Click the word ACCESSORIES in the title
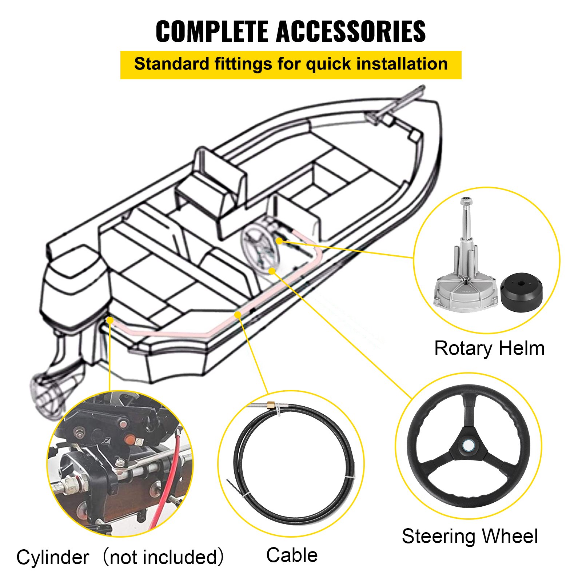[x=351, y=31]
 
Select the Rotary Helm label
[x=489, y=348]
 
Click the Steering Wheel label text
[x=470, y=536]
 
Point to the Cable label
[x=292, y=555]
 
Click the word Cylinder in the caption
[x=53, y=557]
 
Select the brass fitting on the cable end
[x=271, y=404]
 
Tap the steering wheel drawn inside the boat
[x=260, y=247]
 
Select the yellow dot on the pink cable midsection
[x=238, y=314]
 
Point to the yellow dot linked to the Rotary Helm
[x=279, y=240]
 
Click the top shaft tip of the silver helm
[x=466, y=200]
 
